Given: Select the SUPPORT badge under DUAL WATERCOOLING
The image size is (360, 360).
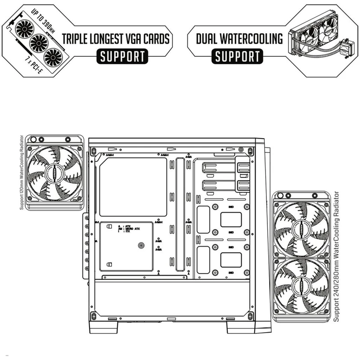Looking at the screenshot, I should click(x=237, y=57).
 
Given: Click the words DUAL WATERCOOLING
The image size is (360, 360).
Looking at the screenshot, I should click(x=239, y=39).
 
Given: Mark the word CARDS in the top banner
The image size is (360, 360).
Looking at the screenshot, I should click(x=154, y=39).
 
